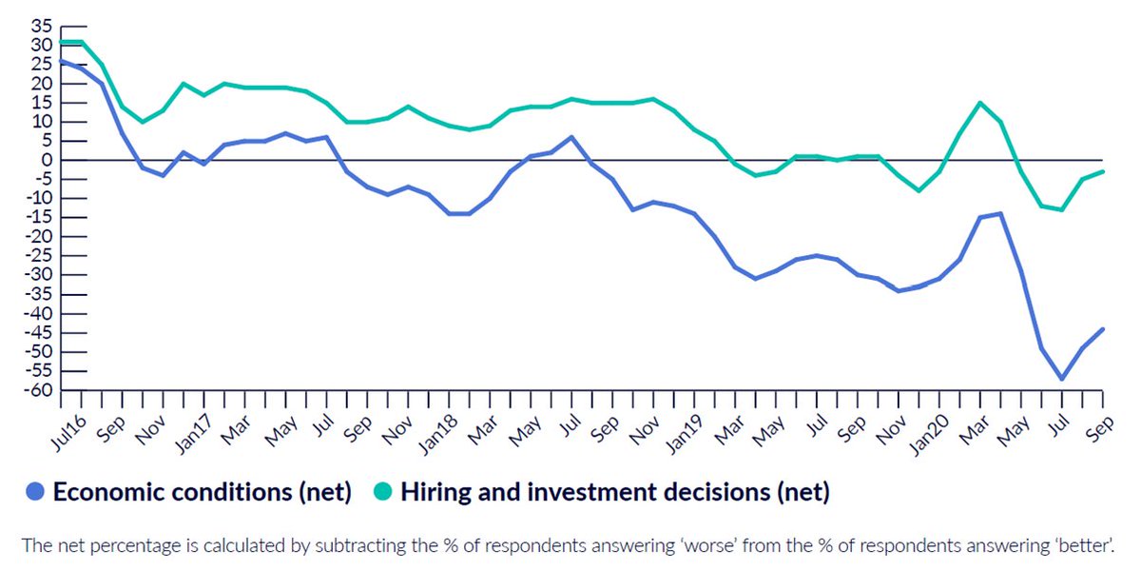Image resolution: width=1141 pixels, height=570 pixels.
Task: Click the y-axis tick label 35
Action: click(42, 26)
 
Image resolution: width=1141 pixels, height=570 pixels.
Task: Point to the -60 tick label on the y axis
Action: click(38, 390)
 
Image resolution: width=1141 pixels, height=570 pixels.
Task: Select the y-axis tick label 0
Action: click(48, 160)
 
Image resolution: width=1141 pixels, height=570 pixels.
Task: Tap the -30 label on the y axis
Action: click(38, 275)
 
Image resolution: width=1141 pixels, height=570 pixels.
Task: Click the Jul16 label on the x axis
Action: click(69, 433)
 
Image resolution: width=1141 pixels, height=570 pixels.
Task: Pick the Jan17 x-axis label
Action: click(193, 434)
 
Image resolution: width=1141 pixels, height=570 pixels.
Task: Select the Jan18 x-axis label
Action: click(438, 434)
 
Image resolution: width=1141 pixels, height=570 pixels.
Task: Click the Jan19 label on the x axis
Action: click(684, 434)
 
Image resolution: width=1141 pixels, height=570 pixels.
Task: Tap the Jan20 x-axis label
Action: click(930, 434)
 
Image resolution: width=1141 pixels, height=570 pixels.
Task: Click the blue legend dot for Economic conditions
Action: click(35, 491)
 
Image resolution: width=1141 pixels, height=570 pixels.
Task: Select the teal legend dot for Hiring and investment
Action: click(382, 491)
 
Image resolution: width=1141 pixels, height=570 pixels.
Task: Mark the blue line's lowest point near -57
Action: click(1062, 379)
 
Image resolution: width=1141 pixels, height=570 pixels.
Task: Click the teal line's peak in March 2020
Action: click(980, 103)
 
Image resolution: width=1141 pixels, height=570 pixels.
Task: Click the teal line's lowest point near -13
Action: click(1062, 209)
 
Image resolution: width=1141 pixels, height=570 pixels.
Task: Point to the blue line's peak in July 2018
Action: click(571, 137)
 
